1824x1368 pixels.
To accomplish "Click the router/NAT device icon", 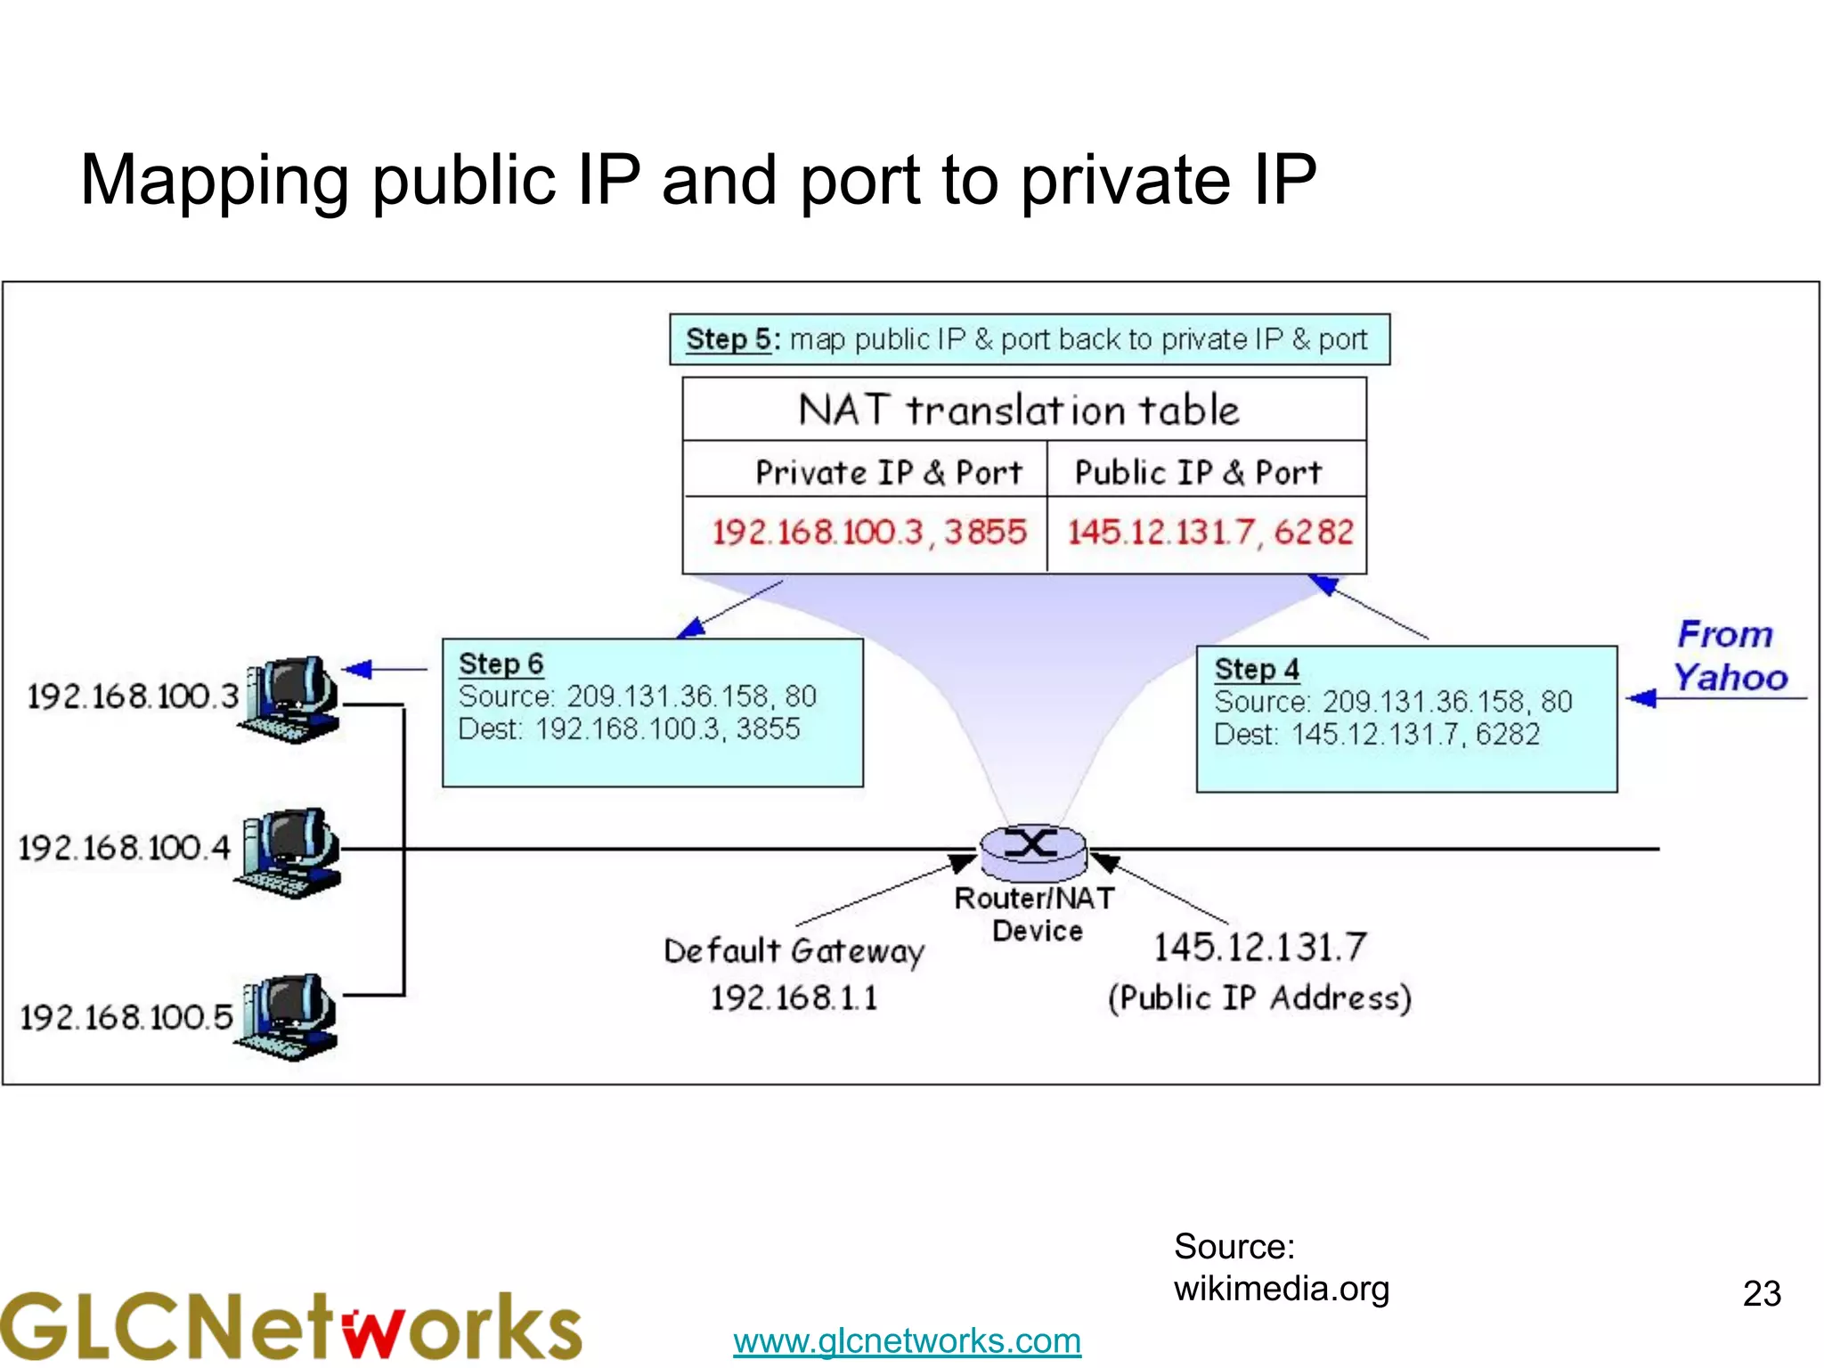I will tap(1033, 849).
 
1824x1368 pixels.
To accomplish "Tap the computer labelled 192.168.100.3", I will tap(290, 699).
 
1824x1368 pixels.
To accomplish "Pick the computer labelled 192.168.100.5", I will tap(290, 1016).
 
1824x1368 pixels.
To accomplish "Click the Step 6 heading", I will tap(501, 664).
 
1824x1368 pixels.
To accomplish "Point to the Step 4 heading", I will tap(1257, 669).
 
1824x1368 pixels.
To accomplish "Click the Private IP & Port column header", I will tap(888, 472).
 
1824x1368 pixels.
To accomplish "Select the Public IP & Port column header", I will tap(1198, 472).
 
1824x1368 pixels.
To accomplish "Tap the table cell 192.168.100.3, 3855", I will tap(869, 533).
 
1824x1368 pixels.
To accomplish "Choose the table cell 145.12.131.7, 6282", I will tap(1210, 533).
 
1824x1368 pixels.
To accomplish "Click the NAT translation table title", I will tap(1019, 411).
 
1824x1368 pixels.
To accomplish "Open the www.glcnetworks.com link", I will tap(907, 1340).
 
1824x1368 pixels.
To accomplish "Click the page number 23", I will tap(1761, 1293).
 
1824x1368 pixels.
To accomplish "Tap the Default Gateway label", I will tap(794, 951).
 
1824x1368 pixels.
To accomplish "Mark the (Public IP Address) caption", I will tap(1259, 997).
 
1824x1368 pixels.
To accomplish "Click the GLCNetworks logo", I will tap(290, 1326).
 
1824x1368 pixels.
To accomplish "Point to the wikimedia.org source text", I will tap(1281, 1289).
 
